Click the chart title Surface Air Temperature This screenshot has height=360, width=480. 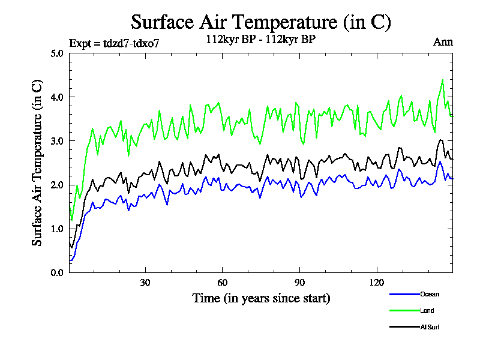click(x=261, y=22)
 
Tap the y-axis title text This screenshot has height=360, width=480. click(x=37, y=162)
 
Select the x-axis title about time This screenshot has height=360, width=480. click(x=261, y=298)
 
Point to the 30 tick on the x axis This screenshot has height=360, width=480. click(x=145, y=283)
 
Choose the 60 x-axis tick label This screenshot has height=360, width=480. click(x=223, y=283)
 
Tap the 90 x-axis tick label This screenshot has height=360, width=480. click(x=300, y=283)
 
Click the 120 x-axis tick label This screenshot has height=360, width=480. click(x=377, y=283)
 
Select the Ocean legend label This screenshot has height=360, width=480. click(x=429, y=294)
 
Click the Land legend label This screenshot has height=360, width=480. click(x=427, y=310)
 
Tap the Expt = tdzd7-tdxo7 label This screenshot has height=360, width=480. click(x=115, y=43)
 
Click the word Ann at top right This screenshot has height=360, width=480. click(x=443, y=42)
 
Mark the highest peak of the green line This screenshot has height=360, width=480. click(x=443, y=80)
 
